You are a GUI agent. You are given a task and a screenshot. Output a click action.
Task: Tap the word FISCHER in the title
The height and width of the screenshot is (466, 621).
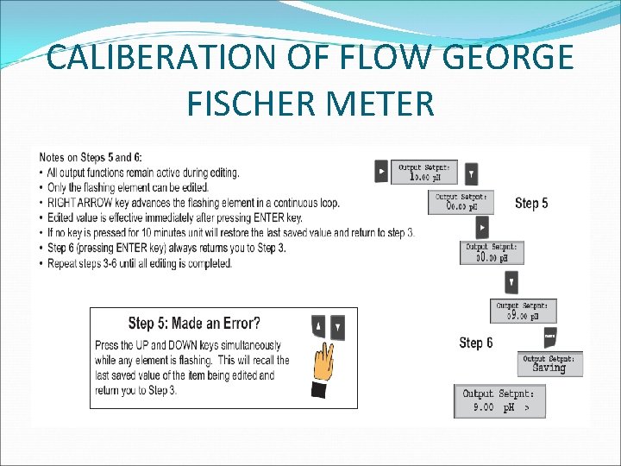259,103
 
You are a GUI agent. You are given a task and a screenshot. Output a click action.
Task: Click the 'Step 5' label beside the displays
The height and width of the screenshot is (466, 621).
531,204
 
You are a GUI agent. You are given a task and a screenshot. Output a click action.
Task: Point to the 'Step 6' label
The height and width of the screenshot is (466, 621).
476,343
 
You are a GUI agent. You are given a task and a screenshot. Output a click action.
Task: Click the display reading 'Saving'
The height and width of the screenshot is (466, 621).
550,363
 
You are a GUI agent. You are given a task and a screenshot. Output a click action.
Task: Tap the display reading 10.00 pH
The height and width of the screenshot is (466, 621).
425,173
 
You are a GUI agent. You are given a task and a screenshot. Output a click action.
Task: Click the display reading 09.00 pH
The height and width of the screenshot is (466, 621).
524,312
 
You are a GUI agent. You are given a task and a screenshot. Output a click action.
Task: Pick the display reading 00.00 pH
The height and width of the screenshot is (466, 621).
492,253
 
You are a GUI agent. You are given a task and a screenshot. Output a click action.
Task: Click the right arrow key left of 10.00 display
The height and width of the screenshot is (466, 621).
381,172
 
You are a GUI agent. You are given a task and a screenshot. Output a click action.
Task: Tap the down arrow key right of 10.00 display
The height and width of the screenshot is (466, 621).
471,173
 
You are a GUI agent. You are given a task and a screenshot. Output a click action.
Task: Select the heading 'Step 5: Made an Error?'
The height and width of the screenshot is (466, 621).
193,324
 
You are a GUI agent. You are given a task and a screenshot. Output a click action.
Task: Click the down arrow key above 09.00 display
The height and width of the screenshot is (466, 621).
511,282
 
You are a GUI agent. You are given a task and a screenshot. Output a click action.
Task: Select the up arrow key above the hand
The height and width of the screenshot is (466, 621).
318,327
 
